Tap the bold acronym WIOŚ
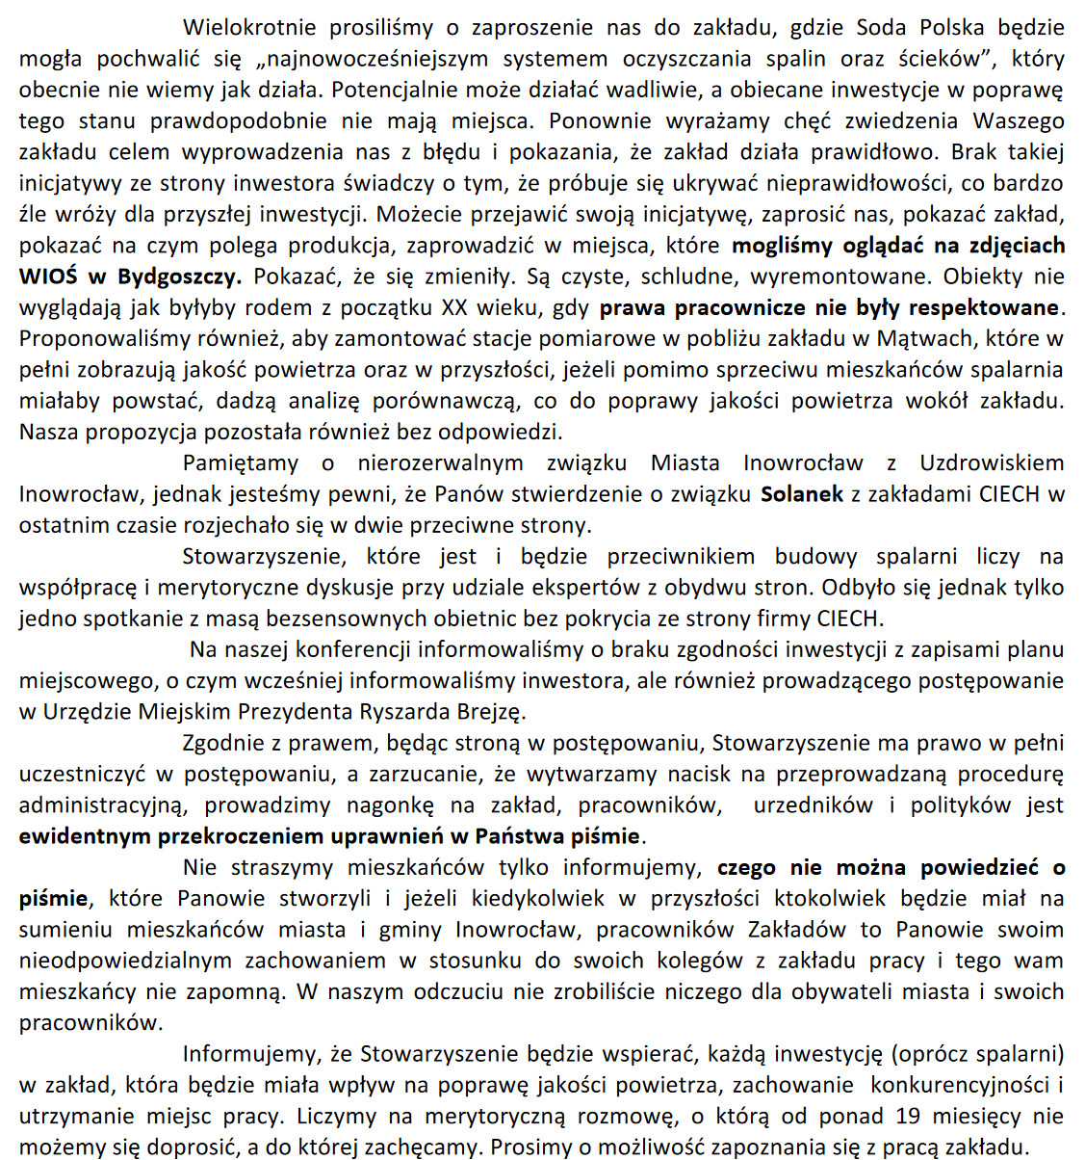49,277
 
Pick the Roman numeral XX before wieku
454,308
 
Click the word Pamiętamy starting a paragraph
241,463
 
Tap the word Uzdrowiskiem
992,463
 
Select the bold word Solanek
801,494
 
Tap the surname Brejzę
491,712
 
